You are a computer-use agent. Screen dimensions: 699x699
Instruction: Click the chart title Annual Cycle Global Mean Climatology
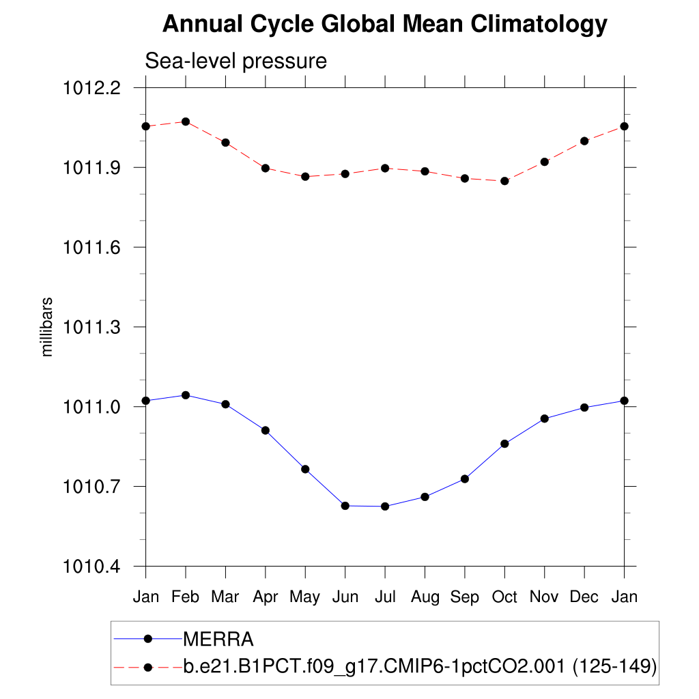point(384,25)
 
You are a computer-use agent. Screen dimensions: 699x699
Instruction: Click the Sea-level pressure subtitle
point(236,61)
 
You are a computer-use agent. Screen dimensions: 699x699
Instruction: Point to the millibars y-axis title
point(47,327)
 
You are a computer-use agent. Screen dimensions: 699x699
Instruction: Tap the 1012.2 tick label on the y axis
point(91,88)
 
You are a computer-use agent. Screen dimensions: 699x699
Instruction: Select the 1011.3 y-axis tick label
point(91,327)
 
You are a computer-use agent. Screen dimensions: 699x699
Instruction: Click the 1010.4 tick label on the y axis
point(91,567)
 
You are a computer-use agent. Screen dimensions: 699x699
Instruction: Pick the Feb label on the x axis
point(185,597)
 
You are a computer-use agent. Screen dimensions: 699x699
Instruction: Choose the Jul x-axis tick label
point(385,597)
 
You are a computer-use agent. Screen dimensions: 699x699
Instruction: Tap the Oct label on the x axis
point(504,597)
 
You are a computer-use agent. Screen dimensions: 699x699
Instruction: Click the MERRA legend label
point(218,640)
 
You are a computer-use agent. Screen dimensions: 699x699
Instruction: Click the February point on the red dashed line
point(186,122)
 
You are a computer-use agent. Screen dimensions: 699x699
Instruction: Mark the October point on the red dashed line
point(504,181)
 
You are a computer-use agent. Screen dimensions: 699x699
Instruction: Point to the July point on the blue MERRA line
point(385,507)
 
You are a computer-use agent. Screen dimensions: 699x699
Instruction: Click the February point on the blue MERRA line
point(186,395)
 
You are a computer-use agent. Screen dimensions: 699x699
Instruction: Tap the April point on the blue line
point(266,430)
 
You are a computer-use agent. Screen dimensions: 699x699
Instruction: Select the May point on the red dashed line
point(305,177)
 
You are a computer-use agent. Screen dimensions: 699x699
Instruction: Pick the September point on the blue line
point(465,479)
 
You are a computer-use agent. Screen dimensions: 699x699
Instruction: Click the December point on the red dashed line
point(584,141)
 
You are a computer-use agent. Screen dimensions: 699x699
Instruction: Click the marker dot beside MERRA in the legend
point(147,640)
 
